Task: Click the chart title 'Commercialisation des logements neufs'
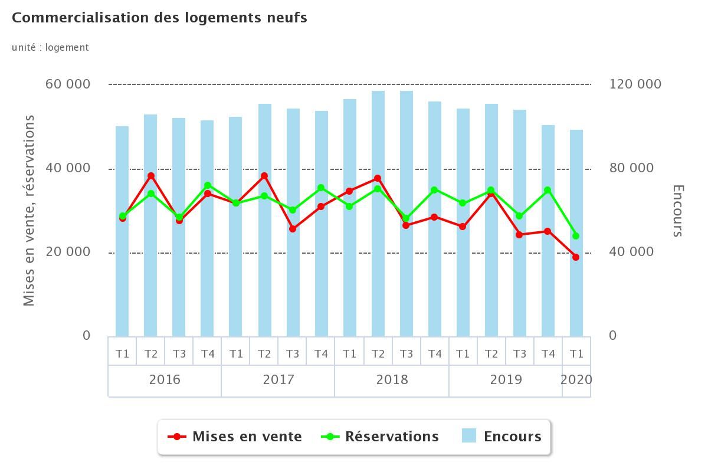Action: [x=159, y=18]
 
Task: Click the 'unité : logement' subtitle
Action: [x=50, y=47]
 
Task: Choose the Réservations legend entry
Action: [x=380, y=437]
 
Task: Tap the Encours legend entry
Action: [x=501, y=437]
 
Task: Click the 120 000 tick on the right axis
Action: [x=635, y=84]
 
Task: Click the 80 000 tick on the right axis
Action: [x=631, y=168]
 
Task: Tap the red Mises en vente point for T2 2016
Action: [x=151, y=176]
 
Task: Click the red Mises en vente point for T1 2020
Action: [x=576, y=257]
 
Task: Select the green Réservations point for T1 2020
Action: [x=576, y=236]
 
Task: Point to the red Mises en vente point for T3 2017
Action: [x=293, y=228]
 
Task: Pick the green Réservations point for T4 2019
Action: [x=548, y=190]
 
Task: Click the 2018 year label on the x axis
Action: [x=392, y=379]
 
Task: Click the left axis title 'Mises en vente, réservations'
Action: [x=29, y=210]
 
